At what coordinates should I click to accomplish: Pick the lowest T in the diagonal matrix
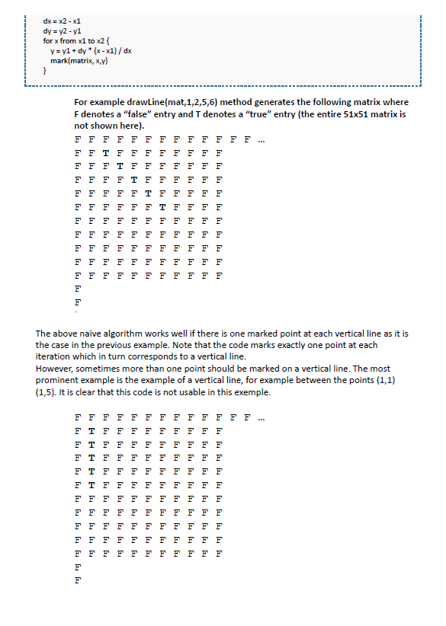coord(162,206)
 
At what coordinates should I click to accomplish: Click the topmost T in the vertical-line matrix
coord(91,430)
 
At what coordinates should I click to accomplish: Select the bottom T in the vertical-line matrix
coord(91,484)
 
